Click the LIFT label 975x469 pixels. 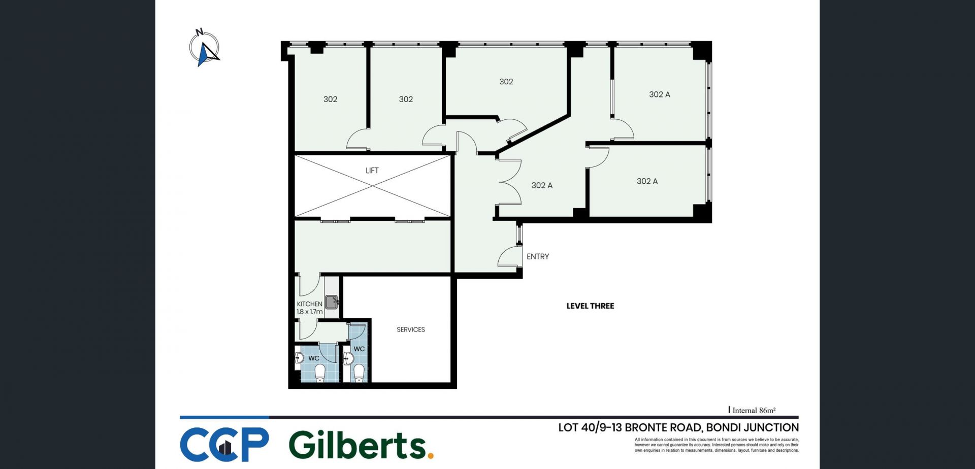(x=372, y=171)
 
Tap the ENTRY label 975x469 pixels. (x=538, y=257)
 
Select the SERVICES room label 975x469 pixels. (x=411, y=330)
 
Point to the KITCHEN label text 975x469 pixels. (x=310, y=304)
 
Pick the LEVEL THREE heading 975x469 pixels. (x=590, y=306)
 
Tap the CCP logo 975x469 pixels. (x=224, y=445)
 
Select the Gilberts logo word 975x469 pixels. (x=357, y=445)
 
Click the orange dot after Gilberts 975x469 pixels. (x=431, y=456)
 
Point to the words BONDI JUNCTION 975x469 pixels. (x=753, y=427)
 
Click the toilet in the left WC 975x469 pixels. (x=320, y=374)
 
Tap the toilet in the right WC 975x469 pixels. (x=359, y=373)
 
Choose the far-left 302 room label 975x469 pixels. (x=331, y=99)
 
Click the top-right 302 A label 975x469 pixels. (x=660, y=94)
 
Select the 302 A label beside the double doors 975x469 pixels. (x=542, y=186)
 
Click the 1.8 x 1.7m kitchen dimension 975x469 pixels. (x=310, y=312)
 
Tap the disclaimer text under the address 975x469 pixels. (x=717, y=445)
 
